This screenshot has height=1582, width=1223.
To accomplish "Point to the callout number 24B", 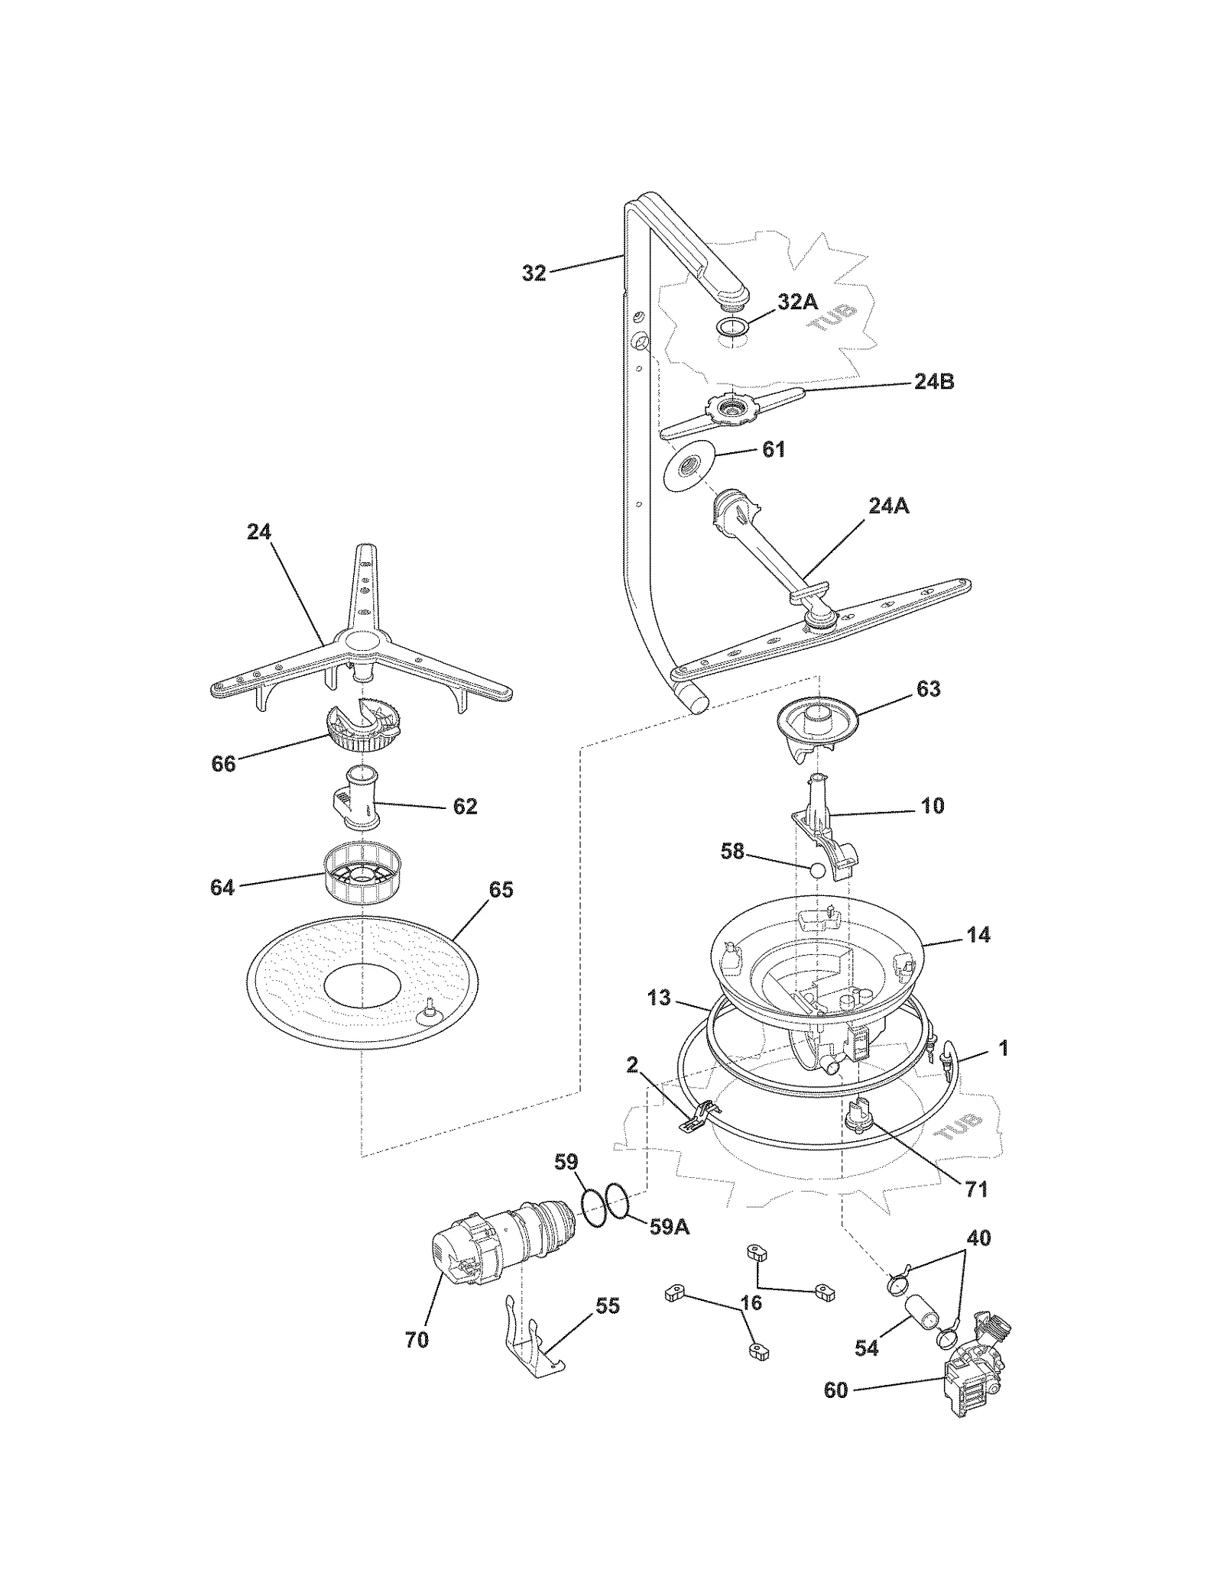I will (933, 382).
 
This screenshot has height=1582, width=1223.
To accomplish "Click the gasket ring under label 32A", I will (732, 328).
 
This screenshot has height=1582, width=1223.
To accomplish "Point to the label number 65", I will (501, 890).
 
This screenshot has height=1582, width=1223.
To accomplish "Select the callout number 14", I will (978, 935).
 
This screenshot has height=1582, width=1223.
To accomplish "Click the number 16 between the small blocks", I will (751, 1302).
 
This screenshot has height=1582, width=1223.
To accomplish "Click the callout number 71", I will (976, 1189).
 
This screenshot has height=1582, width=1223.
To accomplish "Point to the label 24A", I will (888, 506).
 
